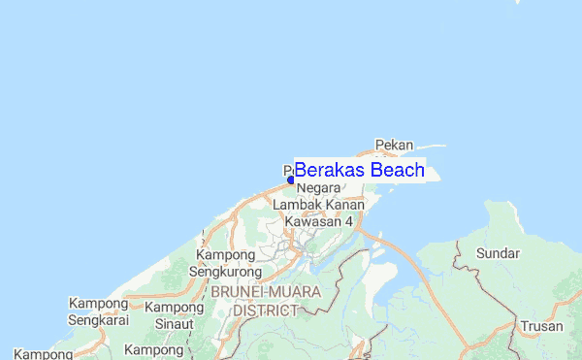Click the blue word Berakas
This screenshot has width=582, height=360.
tap(330, 171)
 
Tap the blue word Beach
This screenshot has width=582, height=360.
tap(398, 171)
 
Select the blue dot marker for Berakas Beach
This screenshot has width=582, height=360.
tap(290, 180)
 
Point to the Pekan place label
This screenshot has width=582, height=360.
tap(394, 146)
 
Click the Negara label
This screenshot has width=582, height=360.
tap(319, 187)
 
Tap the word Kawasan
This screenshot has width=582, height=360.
tap(312, 222)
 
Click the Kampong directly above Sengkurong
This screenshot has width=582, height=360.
tap(226, 254)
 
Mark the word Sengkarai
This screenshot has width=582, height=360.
tap(99, 320)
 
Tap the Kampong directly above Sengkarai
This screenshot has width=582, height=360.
tap(98, 304)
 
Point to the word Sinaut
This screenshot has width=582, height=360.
tap(175, 323)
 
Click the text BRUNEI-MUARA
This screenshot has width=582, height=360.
tap(267, 293)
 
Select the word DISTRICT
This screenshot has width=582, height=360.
tap(266, 311)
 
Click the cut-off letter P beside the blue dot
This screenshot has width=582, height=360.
tap(288, 170)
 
